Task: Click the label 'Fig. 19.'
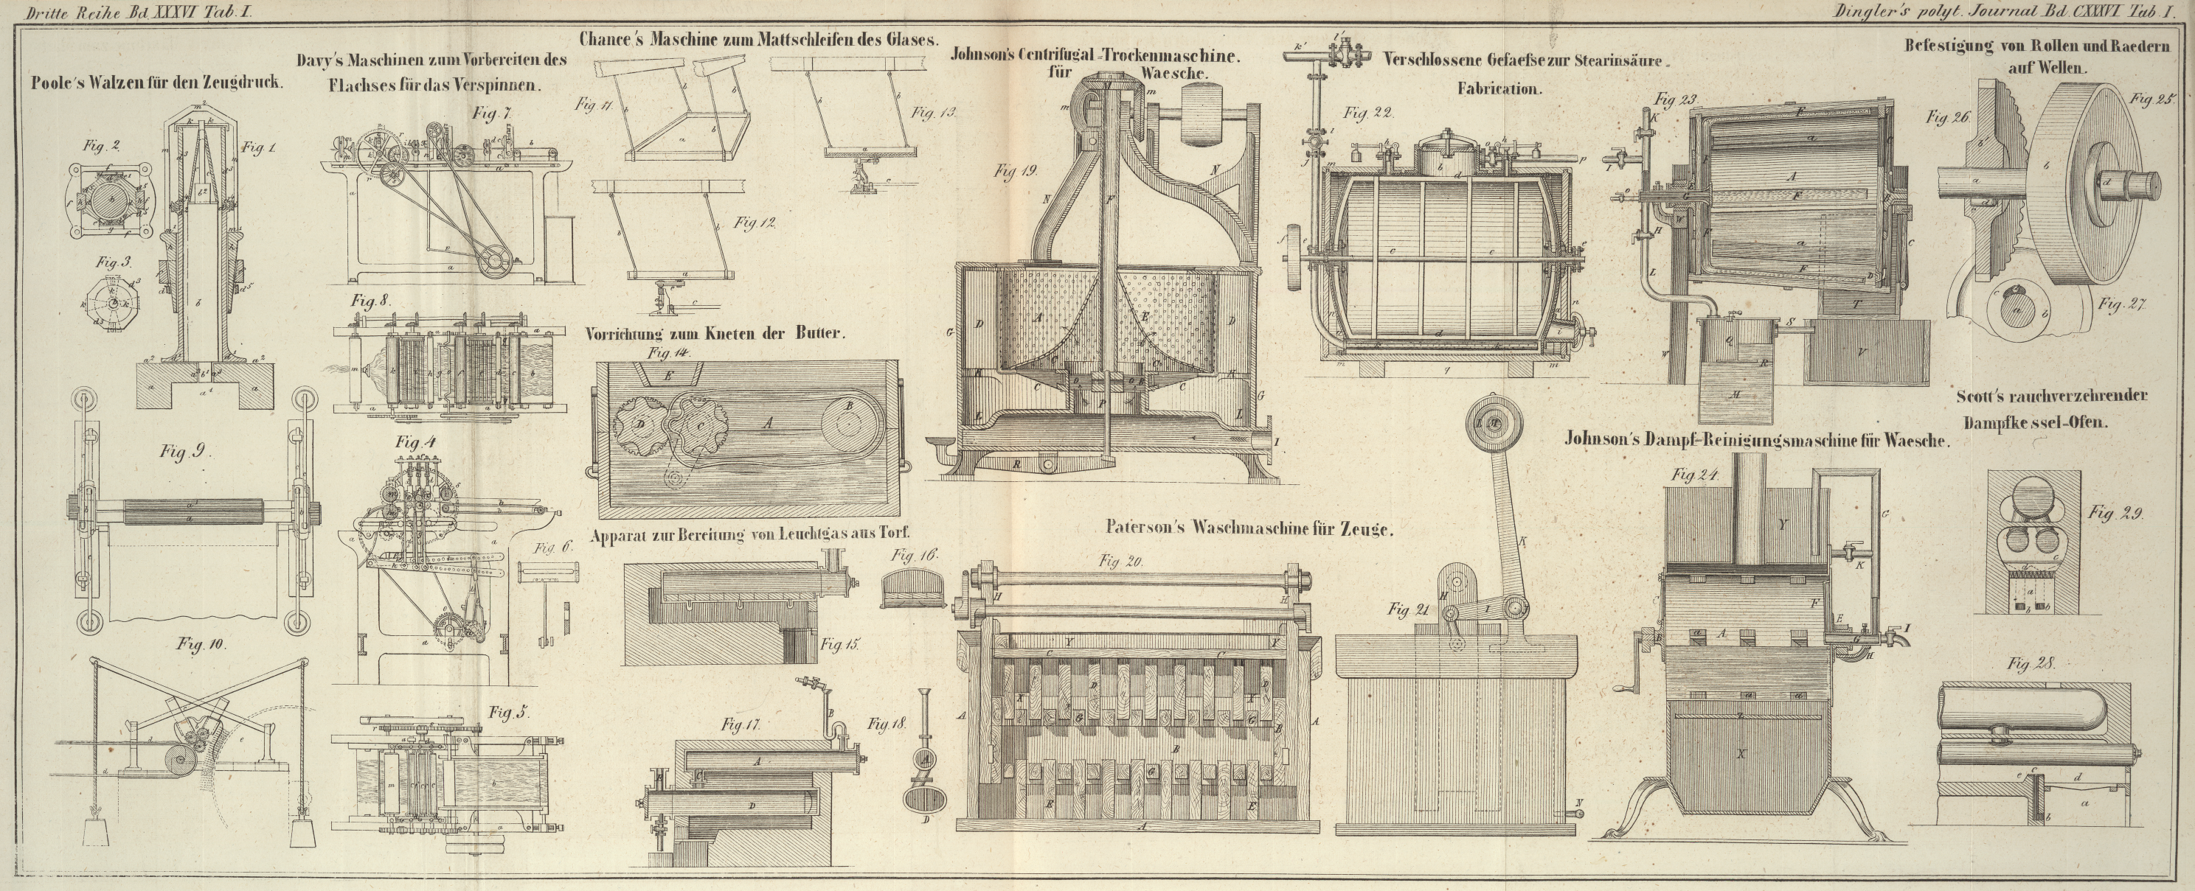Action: click(x=1016, y=171)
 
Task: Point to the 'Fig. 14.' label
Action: click(x=670, y=352)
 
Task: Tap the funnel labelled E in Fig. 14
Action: click(x=668, y=374)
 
